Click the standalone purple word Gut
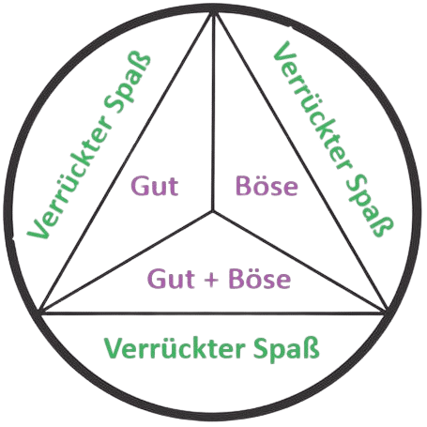155,186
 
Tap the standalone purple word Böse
267,186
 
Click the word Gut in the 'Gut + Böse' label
171,279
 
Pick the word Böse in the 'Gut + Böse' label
260,278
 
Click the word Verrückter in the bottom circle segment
175,348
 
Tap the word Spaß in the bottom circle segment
286,348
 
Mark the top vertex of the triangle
214,13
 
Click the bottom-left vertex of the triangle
40,312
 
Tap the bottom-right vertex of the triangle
387,312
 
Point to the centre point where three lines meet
213,211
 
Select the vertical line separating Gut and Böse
213,113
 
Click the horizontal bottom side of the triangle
213,313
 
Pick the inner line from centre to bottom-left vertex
127,262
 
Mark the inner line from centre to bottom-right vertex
300,262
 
